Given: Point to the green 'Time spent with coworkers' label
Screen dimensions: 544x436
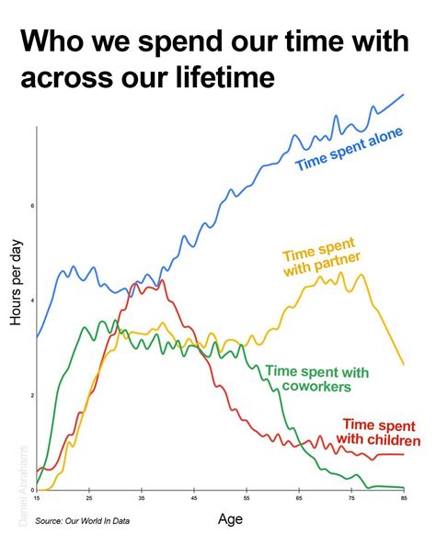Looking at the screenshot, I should (x=316, y=380).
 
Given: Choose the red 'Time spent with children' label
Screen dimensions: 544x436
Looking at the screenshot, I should (x=381, y=432).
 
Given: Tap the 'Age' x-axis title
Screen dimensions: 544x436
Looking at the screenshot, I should (x=230, y=519).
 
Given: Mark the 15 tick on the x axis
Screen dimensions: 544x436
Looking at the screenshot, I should (x=37, y=498).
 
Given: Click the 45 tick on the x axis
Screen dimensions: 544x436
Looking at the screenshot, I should (x=194, y=498).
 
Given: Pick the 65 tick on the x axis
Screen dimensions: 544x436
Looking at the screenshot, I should (x=299, y=498).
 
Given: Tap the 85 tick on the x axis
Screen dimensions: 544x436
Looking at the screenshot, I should (x=404, y=498).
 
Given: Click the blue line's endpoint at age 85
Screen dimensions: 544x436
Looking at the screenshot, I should (x=404, y=95).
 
